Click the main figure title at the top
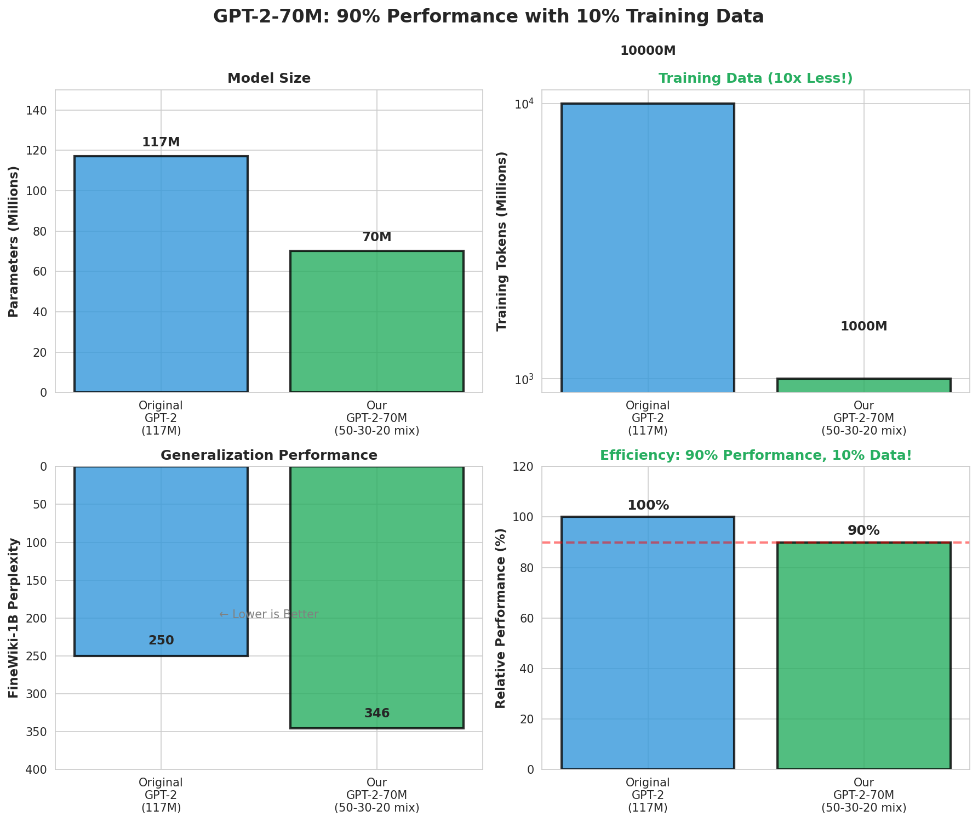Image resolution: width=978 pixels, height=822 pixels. [x=488, y=17]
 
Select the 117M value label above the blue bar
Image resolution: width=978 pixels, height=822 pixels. [x=161, y=142]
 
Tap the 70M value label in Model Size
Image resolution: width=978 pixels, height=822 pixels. [x=377, y=237]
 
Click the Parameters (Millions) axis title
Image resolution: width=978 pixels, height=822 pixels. [x=14, y=241]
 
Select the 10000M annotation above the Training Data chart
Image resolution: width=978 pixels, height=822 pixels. [x=648, y=51]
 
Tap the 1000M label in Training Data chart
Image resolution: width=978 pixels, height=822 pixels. [x=863, y=327]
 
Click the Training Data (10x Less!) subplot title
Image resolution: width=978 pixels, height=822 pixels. [x=756, y=78]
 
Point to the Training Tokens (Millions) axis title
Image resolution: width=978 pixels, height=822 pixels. [x=501, y=241]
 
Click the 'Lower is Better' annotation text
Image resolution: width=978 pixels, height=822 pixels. [x=269, y=614]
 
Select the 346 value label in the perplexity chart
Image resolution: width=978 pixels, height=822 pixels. [x=377, y=713]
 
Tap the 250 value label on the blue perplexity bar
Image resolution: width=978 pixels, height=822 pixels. [x=161, y=641]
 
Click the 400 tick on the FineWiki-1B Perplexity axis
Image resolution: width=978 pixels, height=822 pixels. [x=38, y=770]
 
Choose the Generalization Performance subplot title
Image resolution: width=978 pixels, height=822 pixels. [x=269, y=455]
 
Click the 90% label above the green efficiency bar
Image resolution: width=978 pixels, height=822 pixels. [x=863, y=530]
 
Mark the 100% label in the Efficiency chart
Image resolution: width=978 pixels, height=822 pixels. [x=648, y=505]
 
